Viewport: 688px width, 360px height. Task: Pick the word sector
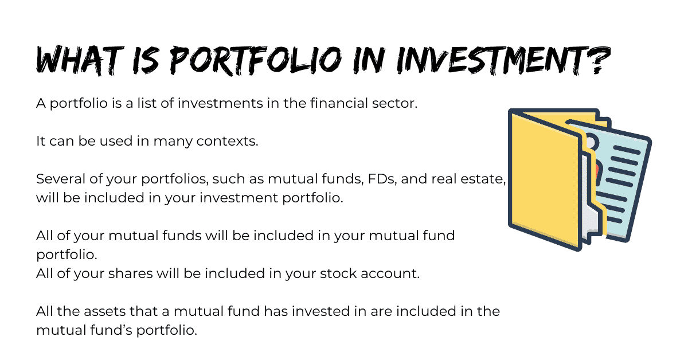[394, 104]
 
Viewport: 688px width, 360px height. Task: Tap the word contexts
[227, 141]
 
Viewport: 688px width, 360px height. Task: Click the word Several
[61, 179]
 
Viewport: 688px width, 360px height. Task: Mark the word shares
[130, 273]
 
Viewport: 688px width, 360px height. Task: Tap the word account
[390, 274]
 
